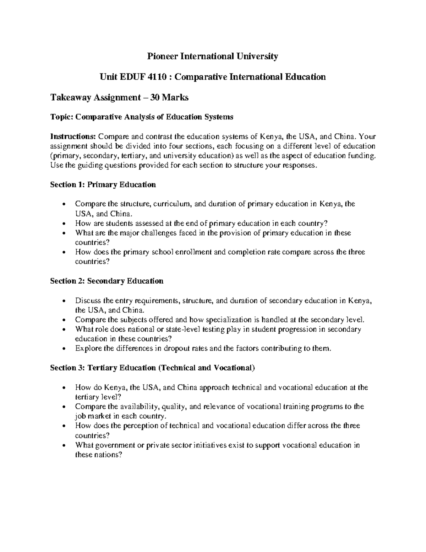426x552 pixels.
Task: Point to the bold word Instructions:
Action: (73, 136)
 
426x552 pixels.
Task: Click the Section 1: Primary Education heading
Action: (103, 184)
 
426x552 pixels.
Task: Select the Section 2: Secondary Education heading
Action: (106, 281)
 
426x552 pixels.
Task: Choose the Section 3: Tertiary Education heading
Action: (152, 368)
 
